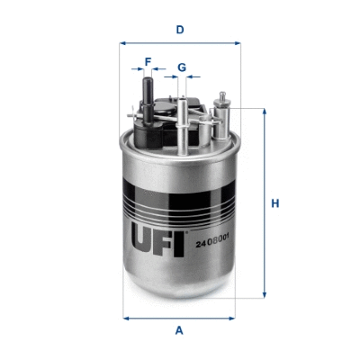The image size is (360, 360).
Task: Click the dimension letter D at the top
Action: click(180, 29)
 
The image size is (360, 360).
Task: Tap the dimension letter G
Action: click(182, 67)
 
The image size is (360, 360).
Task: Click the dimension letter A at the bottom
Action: click(180, 330)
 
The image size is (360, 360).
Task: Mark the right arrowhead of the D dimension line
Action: click(238, 42)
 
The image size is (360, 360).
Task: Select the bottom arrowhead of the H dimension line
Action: click(264, 295)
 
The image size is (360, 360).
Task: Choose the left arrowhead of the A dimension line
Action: click(125, 317)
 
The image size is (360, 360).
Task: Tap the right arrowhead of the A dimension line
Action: click(234, 317)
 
